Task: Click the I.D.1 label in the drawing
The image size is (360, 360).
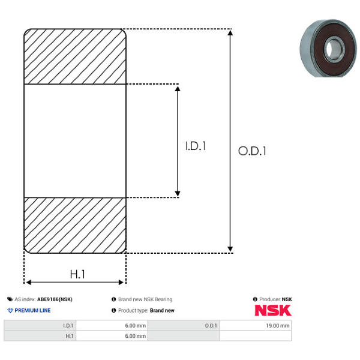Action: [196, 146]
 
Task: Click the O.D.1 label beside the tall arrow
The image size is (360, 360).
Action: [252, 151]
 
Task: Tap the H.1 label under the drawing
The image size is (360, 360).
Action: [77, 274]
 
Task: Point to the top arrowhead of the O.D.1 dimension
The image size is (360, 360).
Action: [230, 32]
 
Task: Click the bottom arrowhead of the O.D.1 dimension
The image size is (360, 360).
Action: [230, 249]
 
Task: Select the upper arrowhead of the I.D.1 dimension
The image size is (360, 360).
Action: [178, 89]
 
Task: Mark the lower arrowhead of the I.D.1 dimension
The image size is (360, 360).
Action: [178, 193]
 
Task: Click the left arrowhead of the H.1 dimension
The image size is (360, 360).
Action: [29, 282]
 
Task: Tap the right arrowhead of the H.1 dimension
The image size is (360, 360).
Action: [121, 282]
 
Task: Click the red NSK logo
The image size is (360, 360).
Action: [273, 310]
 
